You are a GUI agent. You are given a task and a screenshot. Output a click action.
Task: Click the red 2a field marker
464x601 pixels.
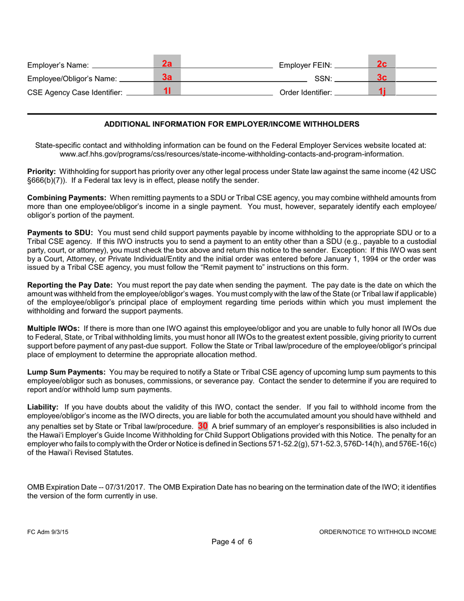pyautogui.click(x=167, y=64)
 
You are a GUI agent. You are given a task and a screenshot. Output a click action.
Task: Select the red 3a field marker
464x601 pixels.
pyautogui.click(x=167, y=77)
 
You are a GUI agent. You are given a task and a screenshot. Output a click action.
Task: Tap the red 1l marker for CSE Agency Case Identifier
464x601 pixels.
pyautogui.click(x=167, y=90)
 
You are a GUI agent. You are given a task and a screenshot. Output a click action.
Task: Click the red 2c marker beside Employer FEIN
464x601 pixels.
pyautogui.click(x=381, y=64)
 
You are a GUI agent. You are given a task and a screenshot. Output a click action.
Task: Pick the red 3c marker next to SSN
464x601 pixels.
pyautogui.click(x=381, y=77)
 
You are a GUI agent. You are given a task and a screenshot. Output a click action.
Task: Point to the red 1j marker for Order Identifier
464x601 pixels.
pyautogui.click(x=381, y=91)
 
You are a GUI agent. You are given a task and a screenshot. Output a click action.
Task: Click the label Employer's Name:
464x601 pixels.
pyautogui.click(x=58, y=65)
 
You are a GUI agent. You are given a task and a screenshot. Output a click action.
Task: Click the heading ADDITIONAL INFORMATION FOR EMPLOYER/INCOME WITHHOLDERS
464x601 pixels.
pyautogui.click(x=232, y=125)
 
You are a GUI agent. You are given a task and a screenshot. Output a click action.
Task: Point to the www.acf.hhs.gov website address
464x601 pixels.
pyautogui.click(x=232, y=154)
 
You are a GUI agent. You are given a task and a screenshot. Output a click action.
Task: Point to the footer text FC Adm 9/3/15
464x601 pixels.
pyautogui.click(x=48, y=532)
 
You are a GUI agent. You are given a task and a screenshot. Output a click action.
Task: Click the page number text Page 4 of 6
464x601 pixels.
pyautogui.click(x=232, y=541)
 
